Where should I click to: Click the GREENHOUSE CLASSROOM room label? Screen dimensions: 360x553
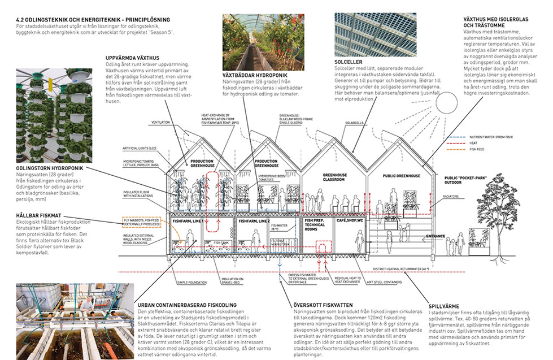pyautogui.click(x=334, y=179)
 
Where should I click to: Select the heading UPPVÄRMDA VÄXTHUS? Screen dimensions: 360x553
pyautogui.click(x=132, y=58)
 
